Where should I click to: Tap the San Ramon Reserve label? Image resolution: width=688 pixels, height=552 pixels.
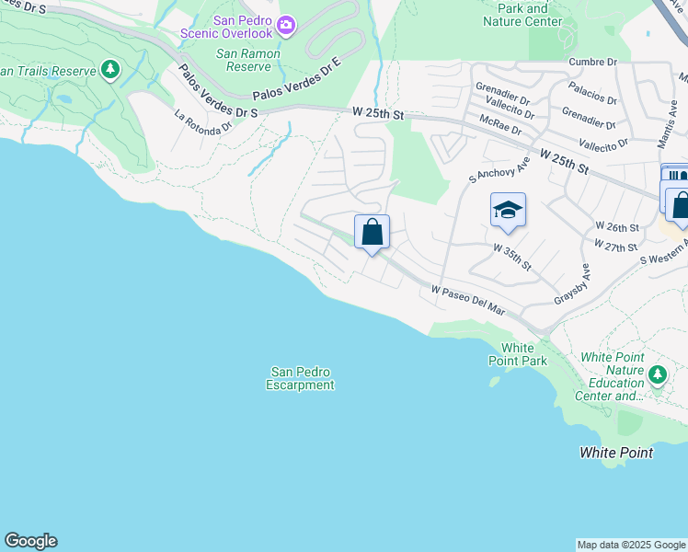(x=243, y=60)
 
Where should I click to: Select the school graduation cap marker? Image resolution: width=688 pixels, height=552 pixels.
(x=508, y=212)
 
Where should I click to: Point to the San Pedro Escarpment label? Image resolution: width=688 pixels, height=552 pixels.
(x=301, y=378)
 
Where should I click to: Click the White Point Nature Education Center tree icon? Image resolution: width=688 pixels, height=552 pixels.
(x=657, y=374)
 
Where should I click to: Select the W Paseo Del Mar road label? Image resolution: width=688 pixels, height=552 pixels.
(x=469, y=301)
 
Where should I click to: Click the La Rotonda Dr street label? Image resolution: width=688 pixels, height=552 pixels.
(x=203, y=123)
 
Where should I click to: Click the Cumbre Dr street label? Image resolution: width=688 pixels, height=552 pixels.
(x=592, y=62)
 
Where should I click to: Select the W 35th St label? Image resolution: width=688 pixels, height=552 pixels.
(x=512, y=256)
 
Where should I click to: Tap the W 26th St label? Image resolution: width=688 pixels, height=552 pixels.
(x=616, y=226)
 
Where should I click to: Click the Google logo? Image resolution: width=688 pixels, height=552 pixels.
(x=30, y=541)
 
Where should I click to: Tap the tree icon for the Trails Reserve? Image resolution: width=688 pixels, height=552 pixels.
(x=110, y=69)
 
